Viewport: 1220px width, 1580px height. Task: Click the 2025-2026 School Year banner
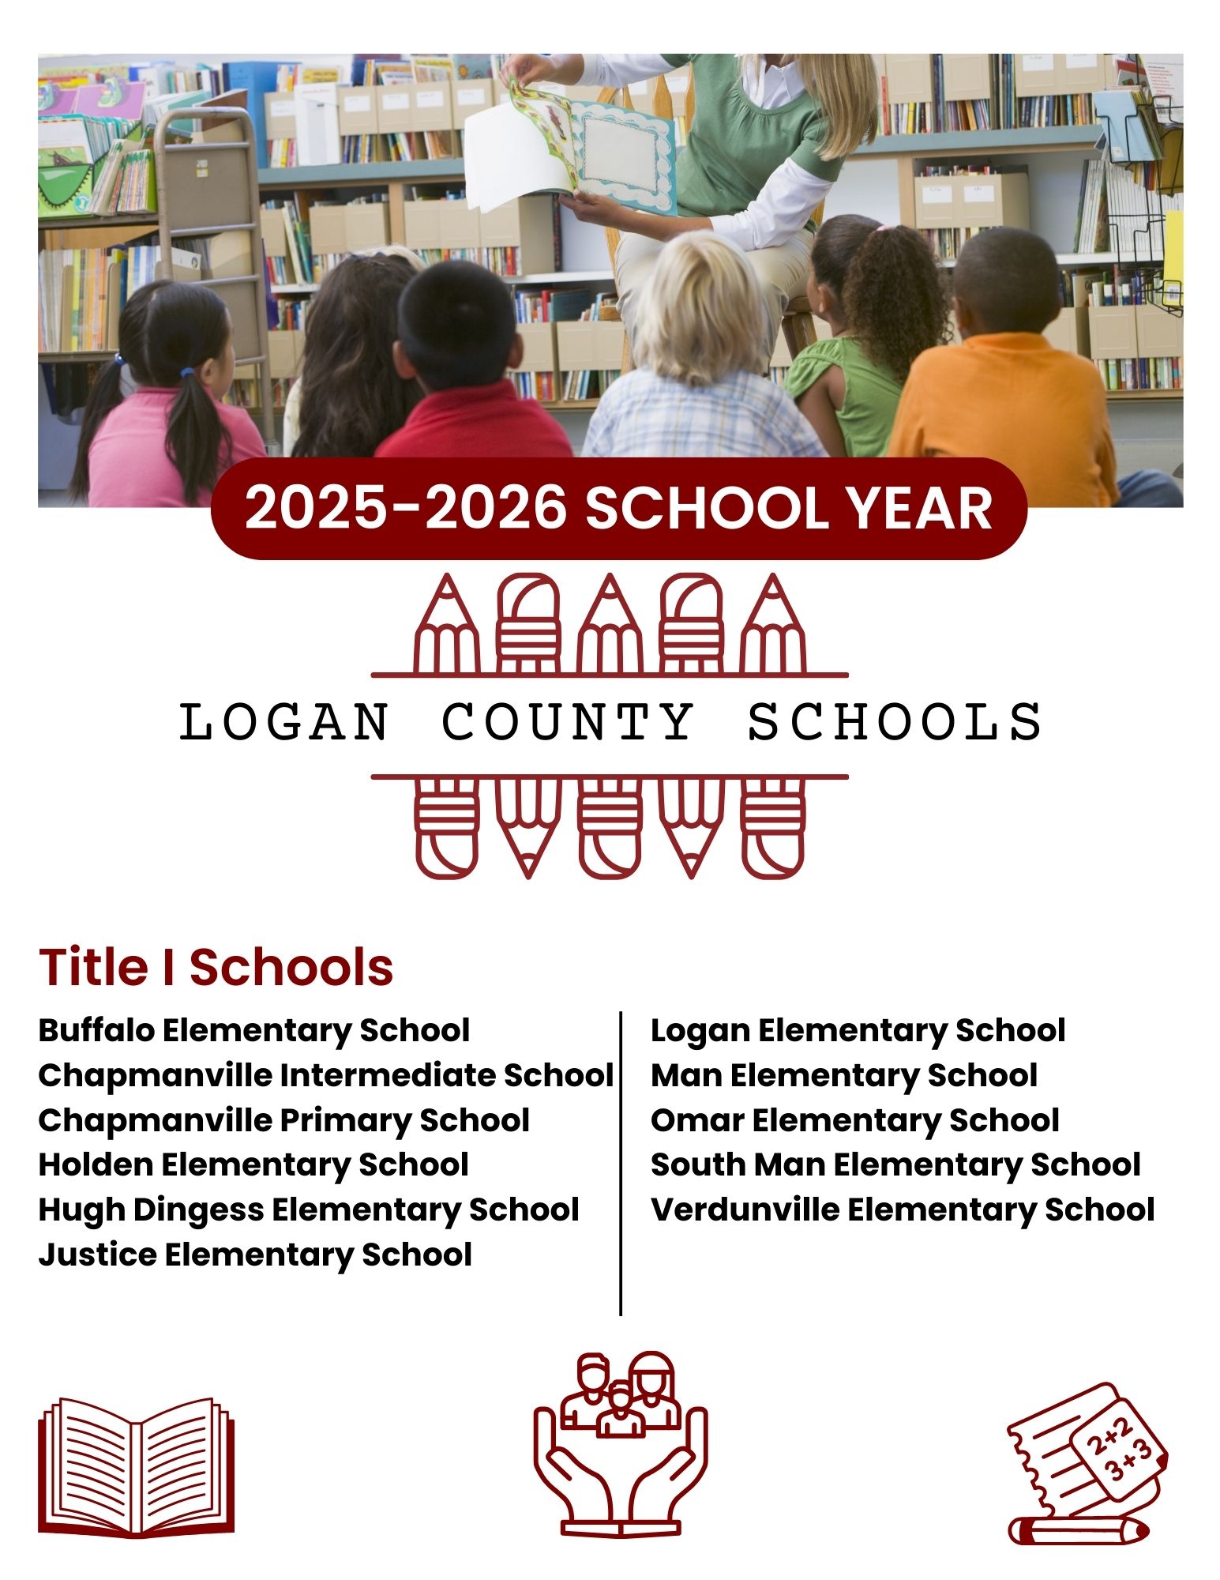coord(618,508)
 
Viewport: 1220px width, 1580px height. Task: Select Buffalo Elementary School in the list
coord(253,1030)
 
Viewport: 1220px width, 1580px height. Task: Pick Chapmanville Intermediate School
coord(325,1075)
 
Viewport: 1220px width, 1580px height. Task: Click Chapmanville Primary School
coord(283,1120)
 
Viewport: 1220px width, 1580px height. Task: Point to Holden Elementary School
coord(253,1164)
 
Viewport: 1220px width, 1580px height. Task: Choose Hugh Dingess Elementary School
coord(309,1209)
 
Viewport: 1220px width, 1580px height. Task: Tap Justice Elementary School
coord(255,1255)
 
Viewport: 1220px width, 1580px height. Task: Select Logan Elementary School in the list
coord(858,1030)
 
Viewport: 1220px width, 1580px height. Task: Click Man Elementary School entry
coord(843,1075)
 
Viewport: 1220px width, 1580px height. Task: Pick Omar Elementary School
coord(854,1120)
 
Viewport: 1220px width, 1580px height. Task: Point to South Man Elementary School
coord(895,1164)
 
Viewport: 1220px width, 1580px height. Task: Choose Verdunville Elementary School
coord(903,1209)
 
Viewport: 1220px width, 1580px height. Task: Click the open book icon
coord(136,1468)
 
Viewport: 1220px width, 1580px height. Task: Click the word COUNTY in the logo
coord(567,721)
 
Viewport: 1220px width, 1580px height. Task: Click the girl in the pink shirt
coord(174,395)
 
